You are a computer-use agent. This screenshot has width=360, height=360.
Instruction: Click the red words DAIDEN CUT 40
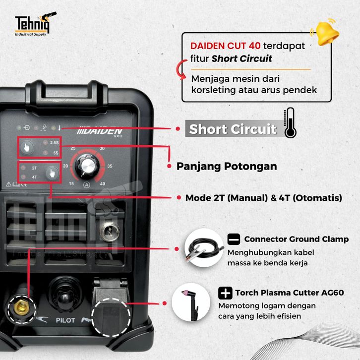(226, 46)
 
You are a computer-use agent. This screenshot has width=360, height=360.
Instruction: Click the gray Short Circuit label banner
(232, 129)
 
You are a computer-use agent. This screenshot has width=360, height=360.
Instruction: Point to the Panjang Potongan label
(227, 166)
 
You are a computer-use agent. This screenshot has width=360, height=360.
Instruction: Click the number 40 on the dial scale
(103, 183)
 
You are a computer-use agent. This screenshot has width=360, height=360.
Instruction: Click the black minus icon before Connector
(234, 239)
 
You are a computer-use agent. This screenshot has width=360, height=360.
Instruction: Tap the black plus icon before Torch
(226, 292)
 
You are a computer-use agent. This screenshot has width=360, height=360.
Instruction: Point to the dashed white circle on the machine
(112, 317)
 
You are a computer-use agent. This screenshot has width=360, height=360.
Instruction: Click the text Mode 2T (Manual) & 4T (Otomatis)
(263, 198)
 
